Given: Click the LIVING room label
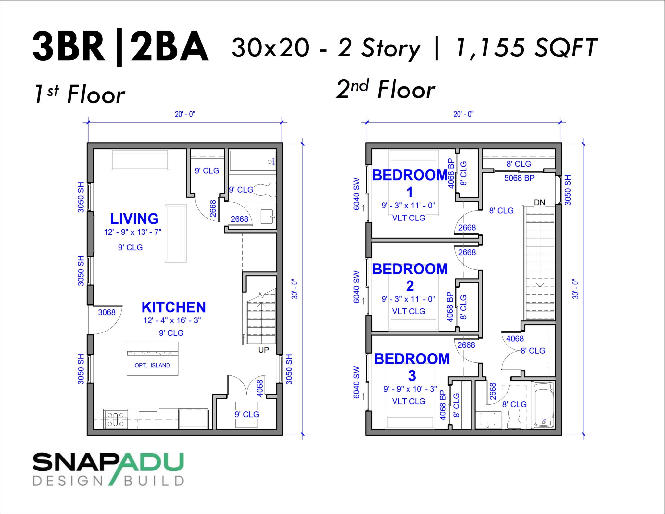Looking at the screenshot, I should click(134, 219).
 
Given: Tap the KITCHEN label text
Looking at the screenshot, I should click(173, 307).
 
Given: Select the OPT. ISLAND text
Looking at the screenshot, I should click(152, 365).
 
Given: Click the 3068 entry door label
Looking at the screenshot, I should click(107, 312).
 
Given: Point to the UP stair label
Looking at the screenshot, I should click(263, 350).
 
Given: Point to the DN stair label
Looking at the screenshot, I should click(539, 203).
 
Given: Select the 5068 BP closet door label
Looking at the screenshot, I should click(519, 178).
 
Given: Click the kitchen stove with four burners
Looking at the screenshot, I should click(115, 419).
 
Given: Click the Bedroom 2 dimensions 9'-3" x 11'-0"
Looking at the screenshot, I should click(408, 299).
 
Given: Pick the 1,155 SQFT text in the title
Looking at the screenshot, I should click(526, 48).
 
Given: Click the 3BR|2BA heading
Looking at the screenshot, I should click(120, 47).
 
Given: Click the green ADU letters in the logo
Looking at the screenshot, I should click(153, 463).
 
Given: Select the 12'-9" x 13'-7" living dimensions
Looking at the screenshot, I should click(132, 232).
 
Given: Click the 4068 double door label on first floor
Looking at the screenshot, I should click(259, 388).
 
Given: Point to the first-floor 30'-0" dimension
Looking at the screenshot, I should click(295, 289).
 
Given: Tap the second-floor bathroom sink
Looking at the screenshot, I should click(487, 420).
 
